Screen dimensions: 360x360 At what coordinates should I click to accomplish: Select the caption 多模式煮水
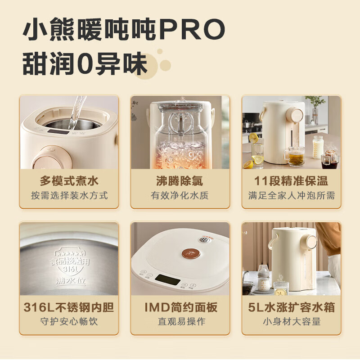click(x=69, y=181)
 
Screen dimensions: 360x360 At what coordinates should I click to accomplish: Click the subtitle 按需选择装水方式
click(x=69, y=196)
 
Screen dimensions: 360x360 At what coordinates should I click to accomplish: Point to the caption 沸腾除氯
click(x=180, y=181)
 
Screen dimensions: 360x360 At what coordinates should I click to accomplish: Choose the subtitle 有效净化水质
click(x=180, y=196)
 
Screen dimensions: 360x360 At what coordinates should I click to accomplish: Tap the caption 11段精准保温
click(x=291, y=181)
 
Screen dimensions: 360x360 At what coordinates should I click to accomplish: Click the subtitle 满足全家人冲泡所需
click(x=291, y=196)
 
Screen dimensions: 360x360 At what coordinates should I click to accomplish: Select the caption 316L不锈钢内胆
click(x=69, y=307)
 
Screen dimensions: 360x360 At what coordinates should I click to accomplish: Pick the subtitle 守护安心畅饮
click(x=69, y=322)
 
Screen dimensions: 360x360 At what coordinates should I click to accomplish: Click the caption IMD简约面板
click(x=180, y=307)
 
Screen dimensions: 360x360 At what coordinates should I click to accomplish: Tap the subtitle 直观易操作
click(x=180, y=322)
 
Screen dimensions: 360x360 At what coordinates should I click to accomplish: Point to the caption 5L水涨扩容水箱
click(x=291, y=307)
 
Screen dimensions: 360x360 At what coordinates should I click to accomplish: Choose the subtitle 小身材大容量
click(x=291, y=322)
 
